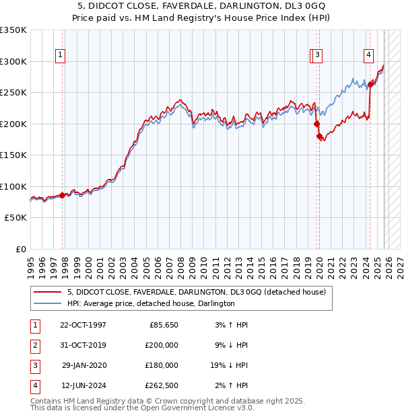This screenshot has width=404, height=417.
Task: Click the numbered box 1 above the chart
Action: tap(61, 56)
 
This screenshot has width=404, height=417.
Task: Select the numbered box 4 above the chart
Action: tap(369, 56)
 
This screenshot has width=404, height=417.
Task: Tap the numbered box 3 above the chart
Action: tap(317, 56)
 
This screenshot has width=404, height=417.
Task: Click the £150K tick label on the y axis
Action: tap(13, 155)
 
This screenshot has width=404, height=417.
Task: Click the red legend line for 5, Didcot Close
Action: tap(48, 292)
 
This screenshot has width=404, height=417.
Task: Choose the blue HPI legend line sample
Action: tap(48, 303)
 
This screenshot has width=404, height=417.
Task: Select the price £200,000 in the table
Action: tap(162, 345)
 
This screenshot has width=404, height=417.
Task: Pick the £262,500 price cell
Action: tap(162, 385)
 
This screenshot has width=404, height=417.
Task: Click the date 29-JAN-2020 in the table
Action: tap(83, 365)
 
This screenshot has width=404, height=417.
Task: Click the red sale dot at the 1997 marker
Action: tap(63, 195)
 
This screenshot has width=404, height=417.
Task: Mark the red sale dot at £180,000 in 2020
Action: tap(320, 137)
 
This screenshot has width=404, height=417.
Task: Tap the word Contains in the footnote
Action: tap(47, 401)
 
